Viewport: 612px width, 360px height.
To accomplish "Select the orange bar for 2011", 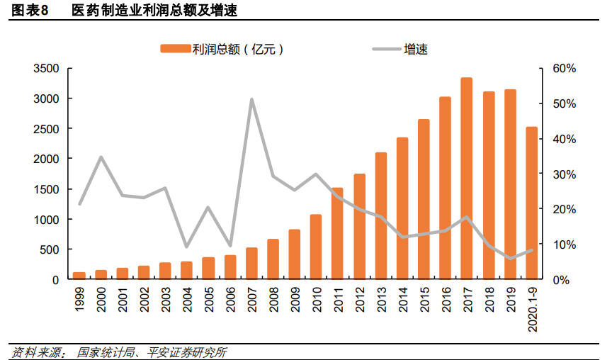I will (337, 234).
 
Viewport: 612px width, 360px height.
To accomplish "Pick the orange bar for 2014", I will (402, 208).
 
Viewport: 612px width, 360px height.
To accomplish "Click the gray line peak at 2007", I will (251, 99).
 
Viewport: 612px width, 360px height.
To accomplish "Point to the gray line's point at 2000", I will (101, 157).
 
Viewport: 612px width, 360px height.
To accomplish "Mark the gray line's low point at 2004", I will (187, 247).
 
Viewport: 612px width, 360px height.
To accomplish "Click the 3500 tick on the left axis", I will (46, 69).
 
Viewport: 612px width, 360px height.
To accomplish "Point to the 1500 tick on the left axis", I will (46, 190).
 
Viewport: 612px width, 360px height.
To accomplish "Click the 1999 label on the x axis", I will (80, 300).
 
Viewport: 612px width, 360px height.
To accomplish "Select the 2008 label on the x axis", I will (273, 300).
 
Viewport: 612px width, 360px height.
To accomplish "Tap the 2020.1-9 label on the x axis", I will (531, 308).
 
